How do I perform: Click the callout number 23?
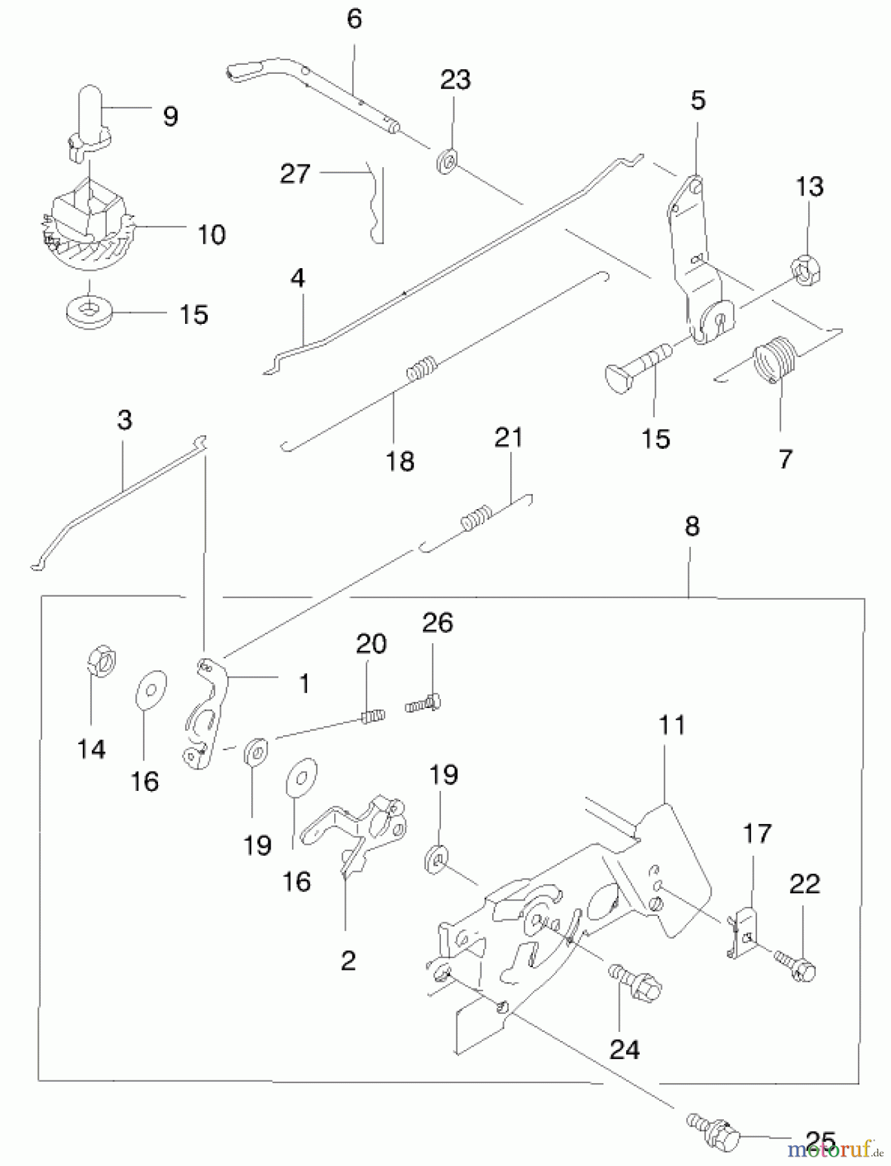coord(455,80)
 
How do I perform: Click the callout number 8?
coord(692,527)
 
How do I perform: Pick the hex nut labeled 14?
coord(100,661)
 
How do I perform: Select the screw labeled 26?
coord(423,703)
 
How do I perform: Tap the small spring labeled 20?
coord(372,716)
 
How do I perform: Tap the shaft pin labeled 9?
coord(88,120)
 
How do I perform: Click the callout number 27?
coord(295,174)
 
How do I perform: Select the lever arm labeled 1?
coord(207,713)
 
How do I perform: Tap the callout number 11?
coord(671,725)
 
